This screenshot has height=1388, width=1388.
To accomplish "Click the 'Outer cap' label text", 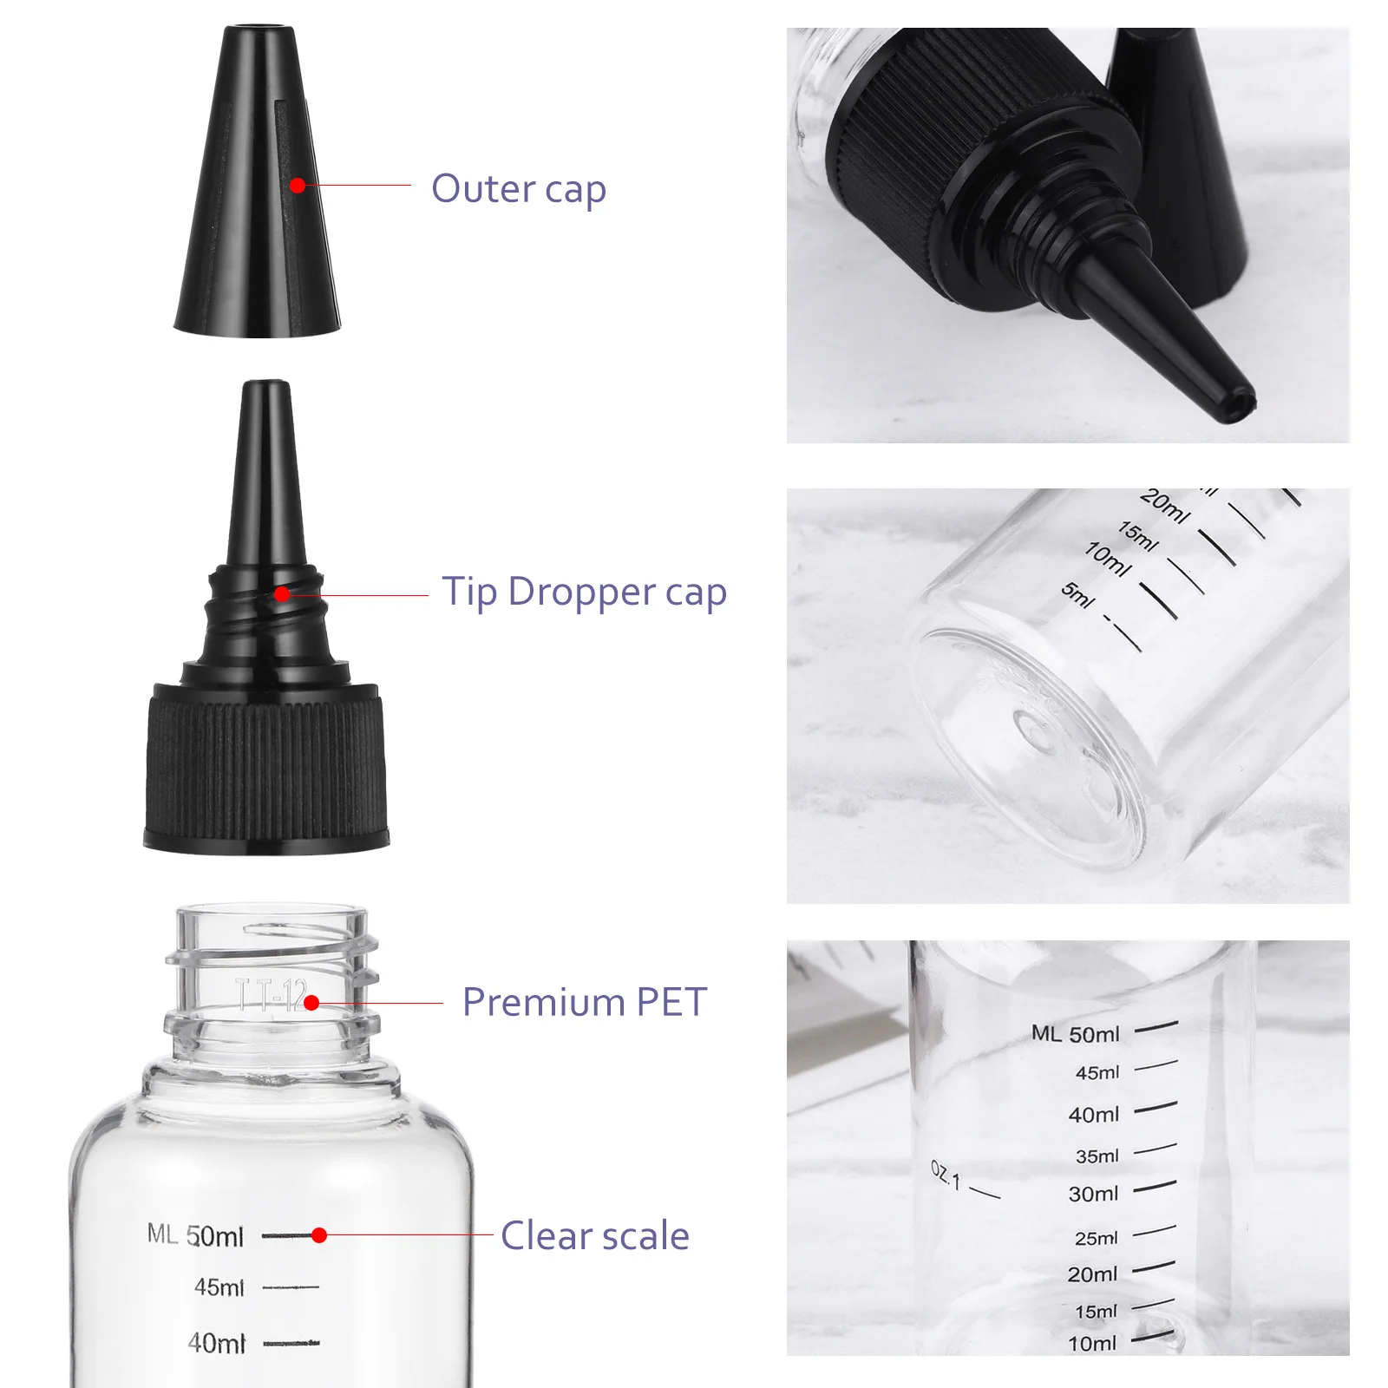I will [518, 189].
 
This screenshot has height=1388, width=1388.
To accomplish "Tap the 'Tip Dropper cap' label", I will [584, 593].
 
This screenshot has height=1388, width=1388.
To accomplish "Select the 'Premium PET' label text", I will [584, 1002].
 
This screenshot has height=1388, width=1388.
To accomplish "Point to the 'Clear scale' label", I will [594, 1235].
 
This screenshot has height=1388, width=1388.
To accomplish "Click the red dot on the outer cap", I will [298, 186].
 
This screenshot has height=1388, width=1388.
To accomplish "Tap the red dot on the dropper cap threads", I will [282, 594].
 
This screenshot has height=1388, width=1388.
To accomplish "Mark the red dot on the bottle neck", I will [311, 1003].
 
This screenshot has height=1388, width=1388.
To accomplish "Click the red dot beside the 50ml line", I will [319, 1235].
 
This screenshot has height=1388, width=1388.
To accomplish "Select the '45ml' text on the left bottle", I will [219, 1287].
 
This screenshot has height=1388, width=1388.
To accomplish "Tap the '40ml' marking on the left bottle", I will [217, 1344].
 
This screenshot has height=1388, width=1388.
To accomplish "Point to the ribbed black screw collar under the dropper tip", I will [265, 763].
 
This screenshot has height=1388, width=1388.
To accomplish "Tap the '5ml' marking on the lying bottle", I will [1077, 595].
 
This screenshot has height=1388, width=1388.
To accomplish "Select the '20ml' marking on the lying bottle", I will [1164, 507].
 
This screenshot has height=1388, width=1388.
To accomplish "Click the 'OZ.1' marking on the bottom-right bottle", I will [946, 1175].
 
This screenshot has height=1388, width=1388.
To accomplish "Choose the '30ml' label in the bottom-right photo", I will [1093, 1195].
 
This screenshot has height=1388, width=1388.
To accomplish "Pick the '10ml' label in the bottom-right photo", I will [1092, 1344].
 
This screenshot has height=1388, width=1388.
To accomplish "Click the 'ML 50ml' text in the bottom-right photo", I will [1075, 1034].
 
